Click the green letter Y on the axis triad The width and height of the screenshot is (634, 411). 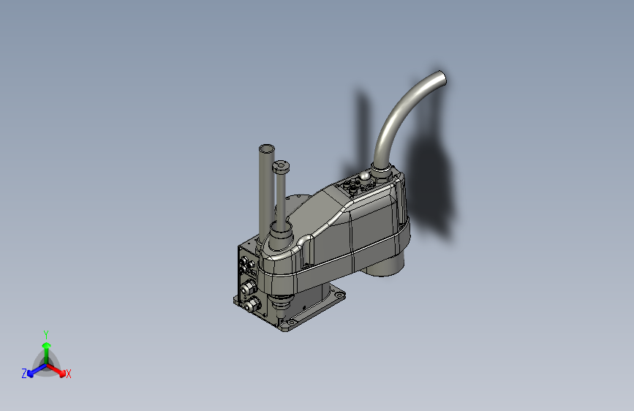(45, 333)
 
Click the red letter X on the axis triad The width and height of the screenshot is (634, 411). (69, 374)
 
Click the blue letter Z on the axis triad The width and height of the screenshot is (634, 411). (24, 374)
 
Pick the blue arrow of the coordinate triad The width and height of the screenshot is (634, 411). (34, 370)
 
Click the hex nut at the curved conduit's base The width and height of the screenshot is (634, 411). (381, 172)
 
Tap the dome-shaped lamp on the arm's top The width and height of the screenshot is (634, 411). (363, 176)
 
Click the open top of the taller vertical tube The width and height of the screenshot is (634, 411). (266, 148)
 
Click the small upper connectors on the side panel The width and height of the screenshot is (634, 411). (245, 261)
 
